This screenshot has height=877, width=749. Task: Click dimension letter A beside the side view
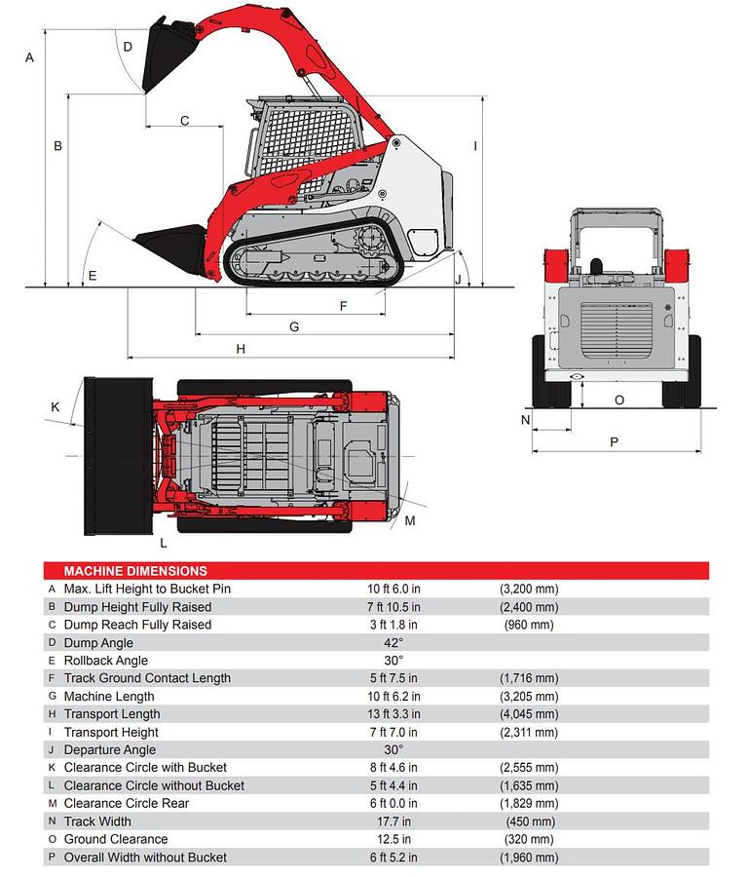coord(30,58)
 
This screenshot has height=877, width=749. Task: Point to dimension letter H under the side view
coord(241,349)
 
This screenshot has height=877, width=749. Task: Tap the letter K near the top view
coord(56,406)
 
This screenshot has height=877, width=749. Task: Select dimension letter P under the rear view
coord(614,441)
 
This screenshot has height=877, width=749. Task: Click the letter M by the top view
coord(410,521)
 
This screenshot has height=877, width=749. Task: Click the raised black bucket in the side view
coord(165,57)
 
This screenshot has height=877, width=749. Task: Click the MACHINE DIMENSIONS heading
coord(135,571)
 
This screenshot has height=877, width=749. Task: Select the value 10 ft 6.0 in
coord(393,590)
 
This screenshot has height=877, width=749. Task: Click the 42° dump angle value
coord(393,643)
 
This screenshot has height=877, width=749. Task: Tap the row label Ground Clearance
coord(116,839)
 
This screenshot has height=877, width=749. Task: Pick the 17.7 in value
coord(393,821)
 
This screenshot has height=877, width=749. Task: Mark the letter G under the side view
coord(294,326)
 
